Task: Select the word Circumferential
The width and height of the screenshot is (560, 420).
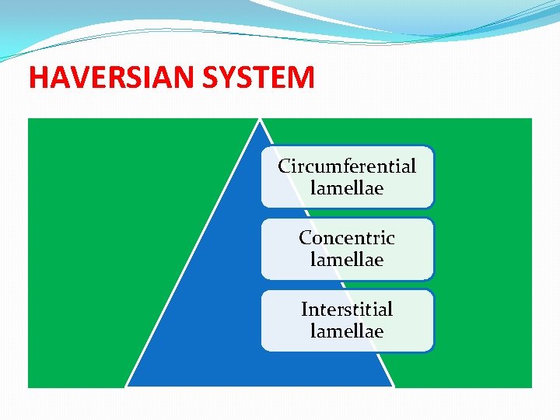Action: [x=347, y=166]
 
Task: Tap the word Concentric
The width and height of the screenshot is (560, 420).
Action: [x=347, y=238]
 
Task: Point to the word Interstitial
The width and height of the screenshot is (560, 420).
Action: [x=347, y=310]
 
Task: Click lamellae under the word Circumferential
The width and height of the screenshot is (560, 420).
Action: [x=347, y=188]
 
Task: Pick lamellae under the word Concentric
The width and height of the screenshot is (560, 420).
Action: [x=347, y=260]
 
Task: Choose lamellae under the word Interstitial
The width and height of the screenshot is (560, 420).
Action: [x=347, y=331]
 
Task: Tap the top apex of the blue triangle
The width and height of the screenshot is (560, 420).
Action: [x=260, y=120]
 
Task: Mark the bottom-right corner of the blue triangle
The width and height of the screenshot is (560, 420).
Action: [x=394, y=386]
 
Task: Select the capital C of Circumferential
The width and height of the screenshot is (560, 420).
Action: [x=285, y=166]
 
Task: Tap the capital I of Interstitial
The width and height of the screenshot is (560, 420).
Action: [x=305, y=310]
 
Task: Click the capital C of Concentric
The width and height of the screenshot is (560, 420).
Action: [x=306, y=238]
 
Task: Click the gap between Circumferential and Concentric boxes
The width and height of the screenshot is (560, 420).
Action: [x=347, y=213]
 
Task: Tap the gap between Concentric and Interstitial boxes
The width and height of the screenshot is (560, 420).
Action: [x=347, y=285]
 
